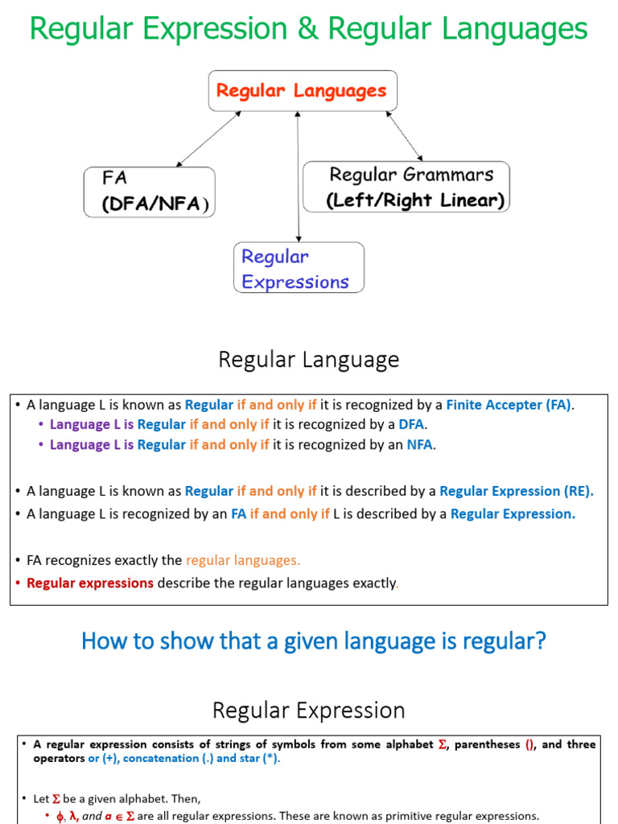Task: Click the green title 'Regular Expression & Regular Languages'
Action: point(309,30)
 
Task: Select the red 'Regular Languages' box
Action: point(302,91)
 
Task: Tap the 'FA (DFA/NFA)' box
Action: point(150,192)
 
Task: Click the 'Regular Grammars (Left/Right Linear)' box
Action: point(406,187)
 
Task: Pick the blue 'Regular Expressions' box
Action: point(299,268)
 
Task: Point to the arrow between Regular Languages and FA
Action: point(208,139)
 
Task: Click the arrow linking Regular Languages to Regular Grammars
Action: point(404,135)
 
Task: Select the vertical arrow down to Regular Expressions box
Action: point(299,177)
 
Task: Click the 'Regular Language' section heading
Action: point(308,360)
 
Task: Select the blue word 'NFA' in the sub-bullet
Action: point(419,444)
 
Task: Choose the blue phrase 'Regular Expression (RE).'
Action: point(517,491)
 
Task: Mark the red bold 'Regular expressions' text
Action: point(90,583)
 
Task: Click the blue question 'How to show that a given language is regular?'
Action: point(314,641)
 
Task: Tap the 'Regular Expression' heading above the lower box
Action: point(308,711)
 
